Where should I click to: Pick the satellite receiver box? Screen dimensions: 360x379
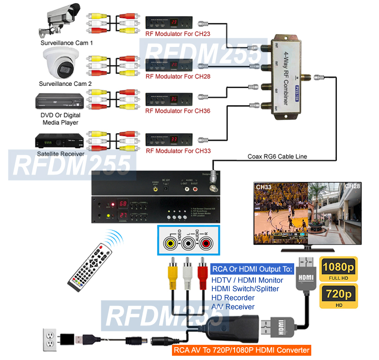click(60, 140)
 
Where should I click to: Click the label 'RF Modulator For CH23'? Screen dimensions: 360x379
click(178, 34)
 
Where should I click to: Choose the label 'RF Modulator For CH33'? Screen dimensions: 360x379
click(178, 151)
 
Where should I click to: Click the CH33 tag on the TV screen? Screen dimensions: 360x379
click(264, 187)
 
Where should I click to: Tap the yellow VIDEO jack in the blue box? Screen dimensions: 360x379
click(170, 244)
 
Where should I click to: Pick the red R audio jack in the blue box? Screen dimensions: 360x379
click(206, 244)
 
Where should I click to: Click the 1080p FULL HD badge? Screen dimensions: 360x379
click(339, 269)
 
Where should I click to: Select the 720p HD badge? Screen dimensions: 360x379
click(339, 296)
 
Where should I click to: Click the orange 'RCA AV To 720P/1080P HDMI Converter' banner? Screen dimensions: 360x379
click(242, 351)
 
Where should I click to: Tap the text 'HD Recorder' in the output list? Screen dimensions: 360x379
click(233, 297)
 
